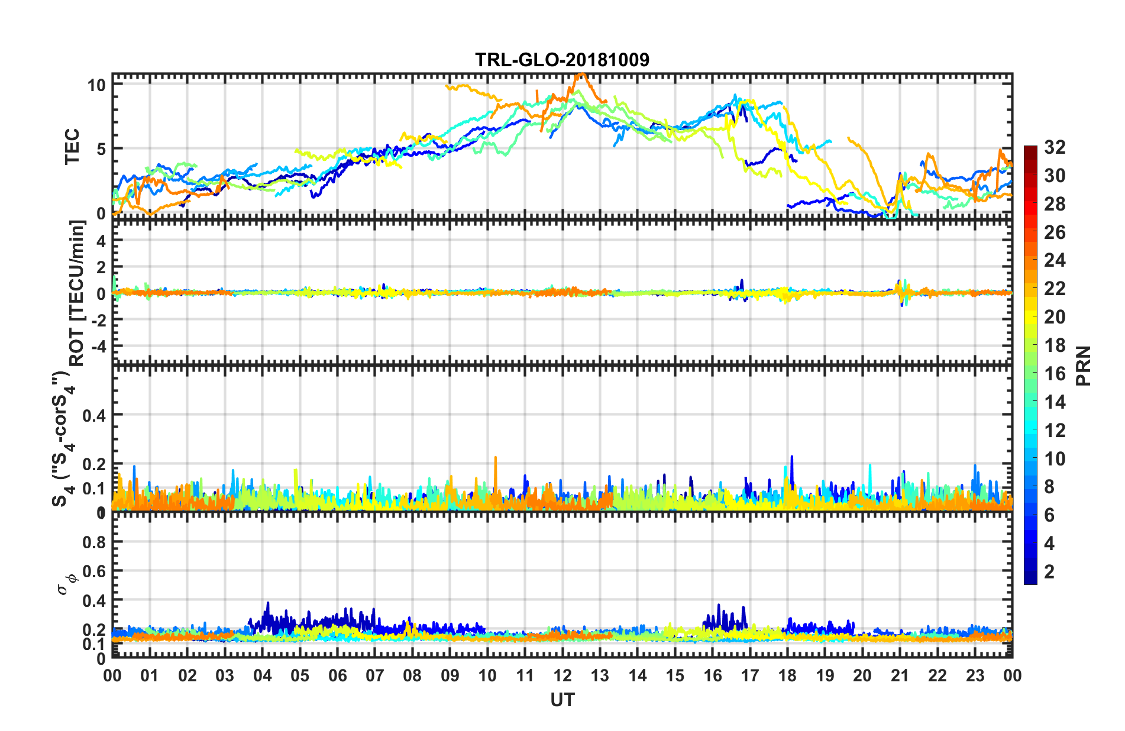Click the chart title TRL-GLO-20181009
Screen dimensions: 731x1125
point(562,60)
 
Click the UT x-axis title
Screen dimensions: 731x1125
point(562,700)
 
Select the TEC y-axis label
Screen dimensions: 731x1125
point(72,147)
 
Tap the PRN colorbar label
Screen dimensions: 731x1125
point(1083,365)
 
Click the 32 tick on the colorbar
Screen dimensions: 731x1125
point(1054,147)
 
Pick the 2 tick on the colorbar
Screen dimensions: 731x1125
point(1049,571)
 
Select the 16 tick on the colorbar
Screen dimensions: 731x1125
point(1054,374)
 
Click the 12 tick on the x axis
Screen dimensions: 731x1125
point(562,675)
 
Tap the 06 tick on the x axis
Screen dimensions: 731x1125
point(337,675)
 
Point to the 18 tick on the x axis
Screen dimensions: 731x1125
point(787,675)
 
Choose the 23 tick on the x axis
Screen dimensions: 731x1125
point(975,675)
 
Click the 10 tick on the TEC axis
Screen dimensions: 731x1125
point(96,85)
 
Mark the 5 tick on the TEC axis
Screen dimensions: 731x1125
point(101,149)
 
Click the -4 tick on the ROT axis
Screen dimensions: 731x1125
point(98,345)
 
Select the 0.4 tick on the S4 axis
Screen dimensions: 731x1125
point(94,415)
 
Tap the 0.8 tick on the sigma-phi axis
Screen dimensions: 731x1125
point(94,542)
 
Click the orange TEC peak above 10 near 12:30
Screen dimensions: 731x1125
point(581,75)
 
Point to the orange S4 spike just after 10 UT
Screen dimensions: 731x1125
point(495,458)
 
